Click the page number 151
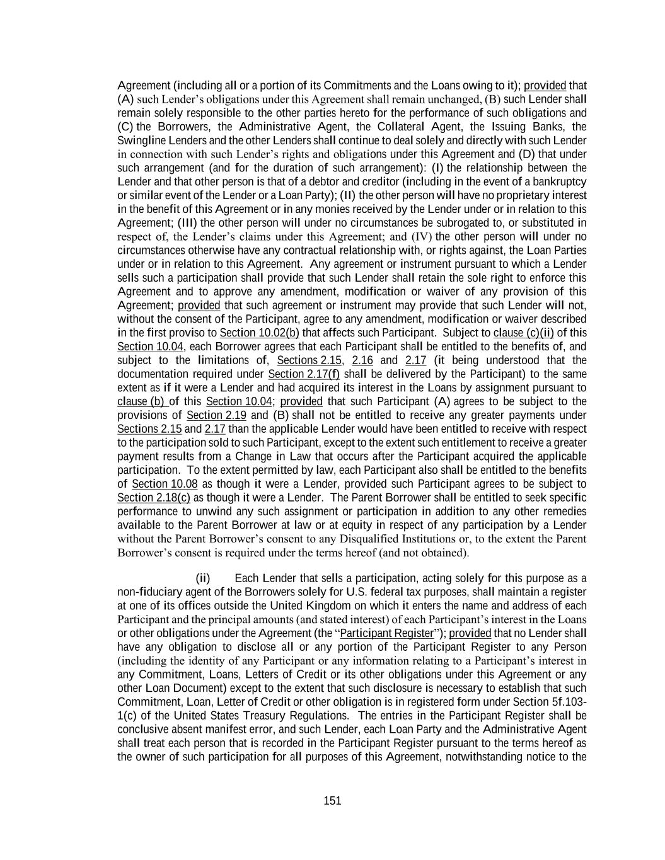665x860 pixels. coord(332,801)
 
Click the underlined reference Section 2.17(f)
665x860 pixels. coord(304,374)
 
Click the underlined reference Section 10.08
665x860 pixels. coord(165,484)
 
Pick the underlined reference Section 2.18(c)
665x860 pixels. coord(154,498)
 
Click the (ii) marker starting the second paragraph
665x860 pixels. coord(203,578)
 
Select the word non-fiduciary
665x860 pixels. coord(149,592)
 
